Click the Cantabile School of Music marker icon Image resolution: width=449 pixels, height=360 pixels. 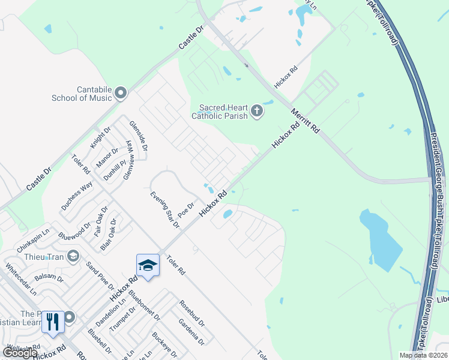tap(121, 92)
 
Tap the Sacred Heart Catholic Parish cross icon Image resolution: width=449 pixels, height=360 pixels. tap(256, 111)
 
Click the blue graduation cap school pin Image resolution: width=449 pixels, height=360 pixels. tap(148, 265)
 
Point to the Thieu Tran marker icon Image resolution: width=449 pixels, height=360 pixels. tap(73, 257)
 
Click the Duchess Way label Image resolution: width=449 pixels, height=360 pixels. tap(76, 195)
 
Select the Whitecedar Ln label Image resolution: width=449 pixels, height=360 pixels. tap(20, 279)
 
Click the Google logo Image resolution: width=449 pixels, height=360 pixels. tap(20, 353)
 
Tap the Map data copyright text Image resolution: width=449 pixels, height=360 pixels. tap(423, 355)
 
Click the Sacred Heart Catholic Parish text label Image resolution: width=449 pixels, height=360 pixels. tap(220, 112)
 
